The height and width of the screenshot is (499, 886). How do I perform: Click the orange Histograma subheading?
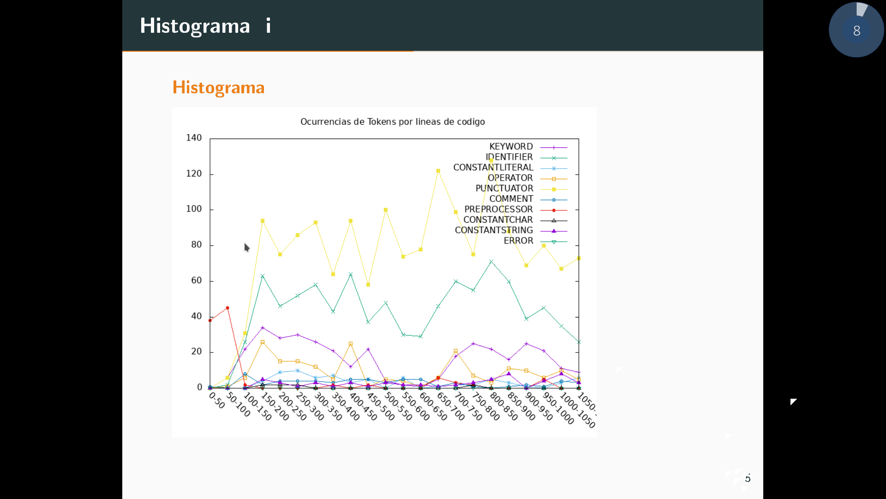point(218,87)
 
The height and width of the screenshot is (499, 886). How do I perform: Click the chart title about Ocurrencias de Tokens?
point(392,122)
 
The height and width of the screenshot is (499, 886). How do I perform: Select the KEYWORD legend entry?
point(511,146)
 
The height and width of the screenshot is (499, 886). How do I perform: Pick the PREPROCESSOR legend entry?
point(498,209)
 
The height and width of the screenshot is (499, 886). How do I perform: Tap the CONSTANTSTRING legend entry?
point(494,230)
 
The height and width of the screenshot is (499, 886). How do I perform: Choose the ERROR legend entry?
point(518,241)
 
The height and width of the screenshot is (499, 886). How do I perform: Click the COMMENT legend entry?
point(511,199)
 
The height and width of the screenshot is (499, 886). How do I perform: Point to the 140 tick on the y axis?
point(194,138)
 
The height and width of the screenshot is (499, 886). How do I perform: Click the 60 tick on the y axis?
point(197,280)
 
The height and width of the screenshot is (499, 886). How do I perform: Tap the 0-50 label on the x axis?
point(217,401)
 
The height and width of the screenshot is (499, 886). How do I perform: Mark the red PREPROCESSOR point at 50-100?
point(227,308)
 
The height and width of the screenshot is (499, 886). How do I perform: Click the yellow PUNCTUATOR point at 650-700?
point(438,171)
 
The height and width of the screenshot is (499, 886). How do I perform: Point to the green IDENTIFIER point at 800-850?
point(491,262)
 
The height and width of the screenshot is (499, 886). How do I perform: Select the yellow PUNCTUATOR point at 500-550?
point(386,210)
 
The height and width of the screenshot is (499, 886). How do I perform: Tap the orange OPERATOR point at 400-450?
point(351,344)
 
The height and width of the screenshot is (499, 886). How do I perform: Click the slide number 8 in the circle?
point(856,30)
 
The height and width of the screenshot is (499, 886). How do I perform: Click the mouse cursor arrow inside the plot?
point(246,247)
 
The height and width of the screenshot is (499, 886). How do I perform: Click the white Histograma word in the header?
point(195,26)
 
